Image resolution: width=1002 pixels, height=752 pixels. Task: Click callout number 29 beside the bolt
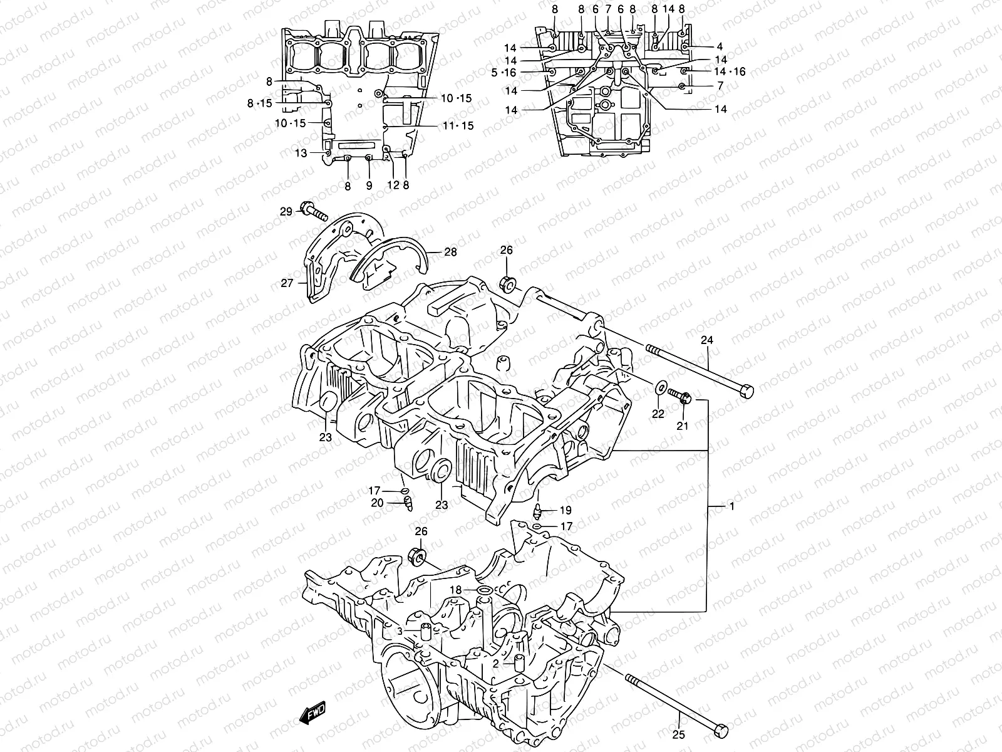286,212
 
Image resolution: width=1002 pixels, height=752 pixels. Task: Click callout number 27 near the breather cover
287,283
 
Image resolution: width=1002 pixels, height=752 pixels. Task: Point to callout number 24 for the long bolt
707,341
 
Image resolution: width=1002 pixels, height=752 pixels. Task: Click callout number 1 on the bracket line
730,506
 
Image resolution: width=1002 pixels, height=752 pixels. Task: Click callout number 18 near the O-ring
456,590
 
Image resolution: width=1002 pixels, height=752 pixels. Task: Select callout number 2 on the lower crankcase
496,662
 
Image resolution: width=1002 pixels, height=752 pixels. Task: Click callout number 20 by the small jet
377,503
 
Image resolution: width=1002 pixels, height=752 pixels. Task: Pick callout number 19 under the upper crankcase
566,510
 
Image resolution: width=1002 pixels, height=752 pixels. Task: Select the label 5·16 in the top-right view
504,73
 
